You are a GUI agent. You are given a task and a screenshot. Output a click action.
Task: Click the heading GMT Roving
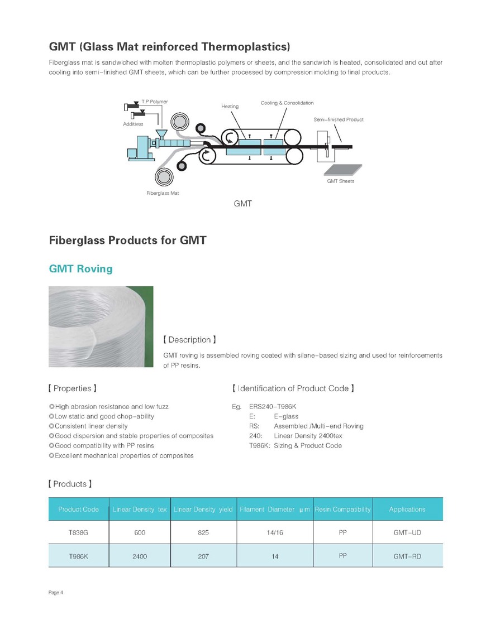point(80,269)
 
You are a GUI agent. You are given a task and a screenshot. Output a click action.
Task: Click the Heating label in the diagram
point(230,106)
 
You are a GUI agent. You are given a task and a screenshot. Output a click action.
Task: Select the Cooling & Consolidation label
point(287,103)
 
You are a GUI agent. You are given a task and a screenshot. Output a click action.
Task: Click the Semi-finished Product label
point(339,120)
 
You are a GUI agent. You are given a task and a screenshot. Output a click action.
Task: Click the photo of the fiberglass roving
point(101,326)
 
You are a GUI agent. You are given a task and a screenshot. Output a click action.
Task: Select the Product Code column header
point(78,509)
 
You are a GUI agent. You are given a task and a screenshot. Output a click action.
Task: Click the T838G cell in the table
point(78,533)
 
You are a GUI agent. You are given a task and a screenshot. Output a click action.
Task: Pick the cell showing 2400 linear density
point(140,556)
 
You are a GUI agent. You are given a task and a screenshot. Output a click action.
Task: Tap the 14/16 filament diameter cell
point(275,533)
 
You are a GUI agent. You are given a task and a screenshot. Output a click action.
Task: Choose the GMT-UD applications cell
point(407,533)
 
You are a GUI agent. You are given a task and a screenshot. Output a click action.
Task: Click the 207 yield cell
point(203,556)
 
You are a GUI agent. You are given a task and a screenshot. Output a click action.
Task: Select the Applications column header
point(407,509)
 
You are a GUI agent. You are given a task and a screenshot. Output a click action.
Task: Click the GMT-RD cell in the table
point(407,556)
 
